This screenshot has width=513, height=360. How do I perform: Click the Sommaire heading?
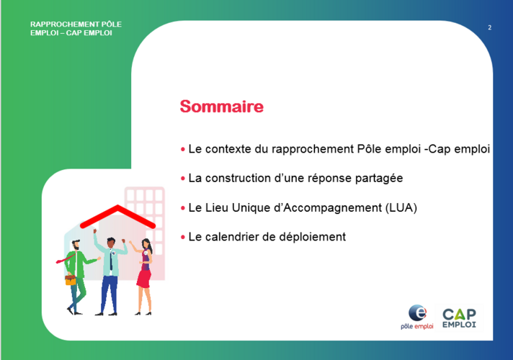(x=221, y=107)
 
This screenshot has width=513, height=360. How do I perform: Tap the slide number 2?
(x=489, y=27)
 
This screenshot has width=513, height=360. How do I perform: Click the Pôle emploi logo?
(x=416, y=317)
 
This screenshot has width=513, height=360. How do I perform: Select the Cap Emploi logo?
(x=459, y=318)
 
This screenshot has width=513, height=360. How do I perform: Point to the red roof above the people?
(x=117, y=216)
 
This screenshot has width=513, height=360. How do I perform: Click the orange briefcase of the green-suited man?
(x=71, y=280)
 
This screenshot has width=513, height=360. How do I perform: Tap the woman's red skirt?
(x=143, y=279)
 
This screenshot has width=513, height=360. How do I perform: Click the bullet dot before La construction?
(x=182, y=179)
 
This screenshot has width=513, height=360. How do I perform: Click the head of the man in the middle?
(x=111, y=243)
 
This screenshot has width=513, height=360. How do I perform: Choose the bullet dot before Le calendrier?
(x=182, y=237)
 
